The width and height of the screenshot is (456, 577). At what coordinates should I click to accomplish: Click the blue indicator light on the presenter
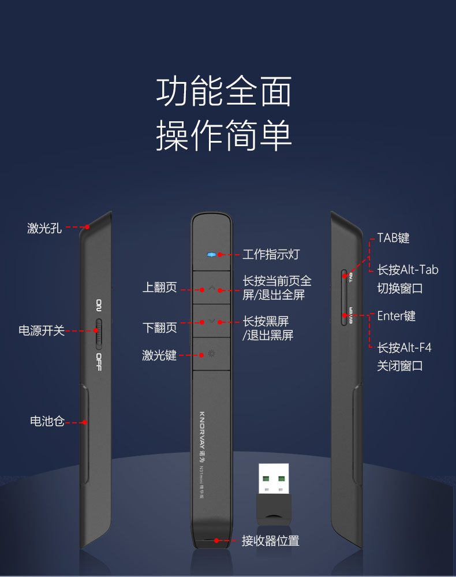212,254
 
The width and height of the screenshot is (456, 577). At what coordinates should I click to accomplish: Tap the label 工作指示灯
271,255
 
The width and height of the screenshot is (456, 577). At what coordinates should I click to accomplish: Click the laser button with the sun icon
212,353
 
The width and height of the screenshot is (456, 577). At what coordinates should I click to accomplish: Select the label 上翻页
160,288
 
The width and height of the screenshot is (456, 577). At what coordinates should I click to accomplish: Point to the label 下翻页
160,328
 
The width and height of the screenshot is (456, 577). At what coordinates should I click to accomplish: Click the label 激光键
159,355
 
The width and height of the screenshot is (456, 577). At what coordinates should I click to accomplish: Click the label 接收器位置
270,541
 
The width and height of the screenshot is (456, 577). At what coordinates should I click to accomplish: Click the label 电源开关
41,331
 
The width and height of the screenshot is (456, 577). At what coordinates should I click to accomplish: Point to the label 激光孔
44,228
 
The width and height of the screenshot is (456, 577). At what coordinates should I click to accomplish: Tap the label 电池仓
47,421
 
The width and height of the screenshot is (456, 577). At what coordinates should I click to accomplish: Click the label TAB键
393,238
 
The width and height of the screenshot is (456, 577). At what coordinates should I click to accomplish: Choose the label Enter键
396,316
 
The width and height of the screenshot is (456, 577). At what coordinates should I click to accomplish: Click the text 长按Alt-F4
404,348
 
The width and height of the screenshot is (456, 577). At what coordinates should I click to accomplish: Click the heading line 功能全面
224,92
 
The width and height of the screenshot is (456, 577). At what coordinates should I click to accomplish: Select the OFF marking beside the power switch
99,362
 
